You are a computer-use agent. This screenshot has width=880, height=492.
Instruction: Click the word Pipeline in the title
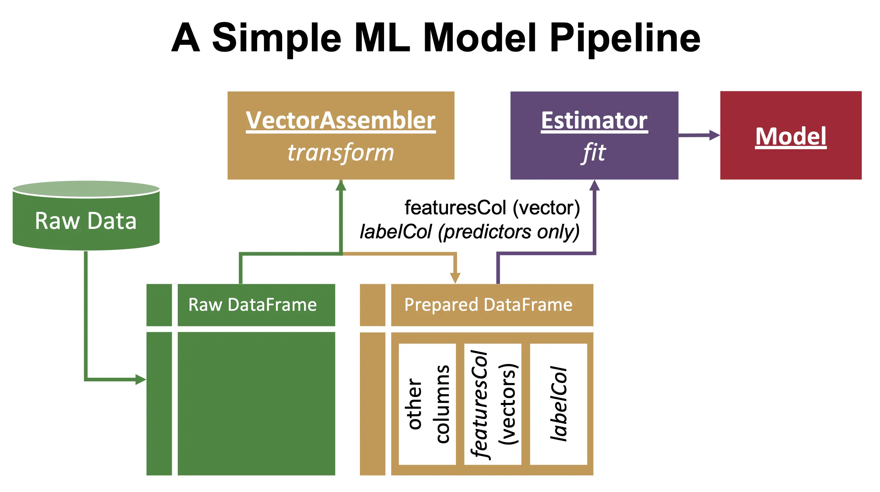[624, 38]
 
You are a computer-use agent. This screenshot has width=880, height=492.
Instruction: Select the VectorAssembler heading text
[341, 120]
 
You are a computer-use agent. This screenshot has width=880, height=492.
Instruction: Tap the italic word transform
[341, 152]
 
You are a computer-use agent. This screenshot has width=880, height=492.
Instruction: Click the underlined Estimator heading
[594, 120]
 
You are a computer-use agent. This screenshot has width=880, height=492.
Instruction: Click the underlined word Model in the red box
[791, 136]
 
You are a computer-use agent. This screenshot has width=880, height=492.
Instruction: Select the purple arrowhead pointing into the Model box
[714, 135]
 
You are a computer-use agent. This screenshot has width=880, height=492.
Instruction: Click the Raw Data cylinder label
[86, 221]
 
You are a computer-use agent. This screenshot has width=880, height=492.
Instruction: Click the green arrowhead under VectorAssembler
[341, 186]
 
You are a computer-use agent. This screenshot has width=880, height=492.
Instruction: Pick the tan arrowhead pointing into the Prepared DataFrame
[455, 278]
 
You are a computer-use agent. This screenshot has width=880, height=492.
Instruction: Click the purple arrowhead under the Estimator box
[594, 186]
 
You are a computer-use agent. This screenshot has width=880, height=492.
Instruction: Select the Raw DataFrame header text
[252, 305]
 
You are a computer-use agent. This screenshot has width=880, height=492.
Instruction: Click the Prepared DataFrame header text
[488, 305]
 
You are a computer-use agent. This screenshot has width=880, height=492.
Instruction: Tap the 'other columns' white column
[427, 404]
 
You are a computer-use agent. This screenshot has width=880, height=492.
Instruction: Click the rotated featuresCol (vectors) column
[493, 404]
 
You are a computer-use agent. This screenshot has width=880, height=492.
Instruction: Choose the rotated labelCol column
[558, 404]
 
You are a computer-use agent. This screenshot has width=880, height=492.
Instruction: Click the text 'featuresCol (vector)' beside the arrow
[492, 208]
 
